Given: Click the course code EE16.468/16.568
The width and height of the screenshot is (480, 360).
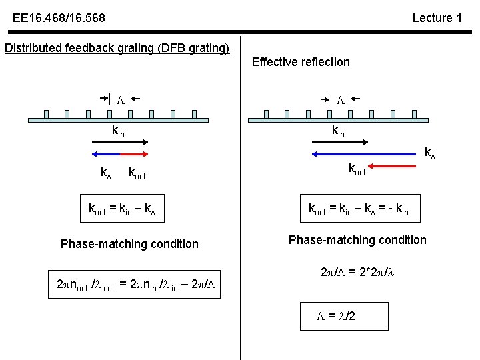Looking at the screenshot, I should pos(59,18).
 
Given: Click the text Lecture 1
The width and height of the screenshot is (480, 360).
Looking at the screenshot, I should pos(437,18).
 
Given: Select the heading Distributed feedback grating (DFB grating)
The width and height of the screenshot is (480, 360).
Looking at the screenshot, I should pos(117,49).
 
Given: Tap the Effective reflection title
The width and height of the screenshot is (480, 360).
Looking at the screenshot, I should pos(301,62).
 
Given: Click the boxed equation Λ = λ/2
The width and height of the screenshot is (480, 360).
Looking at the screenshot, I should pos(337,315).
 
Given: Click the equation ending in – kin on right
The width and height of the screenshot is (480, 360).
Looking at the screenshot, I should pos(358,211).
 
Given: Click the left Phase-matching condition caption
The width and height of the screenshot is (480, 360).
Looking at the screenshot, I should pos(129,244).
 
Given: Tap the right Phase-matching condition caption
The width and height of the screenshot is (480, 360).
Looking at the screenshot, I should pos(357,240).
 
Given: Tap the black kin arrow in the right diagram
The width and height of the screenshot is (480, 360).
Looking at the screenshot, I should pos(339,141).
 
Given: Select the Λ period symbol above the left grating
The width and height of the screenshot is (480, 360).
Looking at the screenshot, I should pos(121,100).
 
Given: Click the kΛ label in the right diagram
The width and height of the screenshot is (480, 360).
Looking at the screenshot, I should pos(430,154).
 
